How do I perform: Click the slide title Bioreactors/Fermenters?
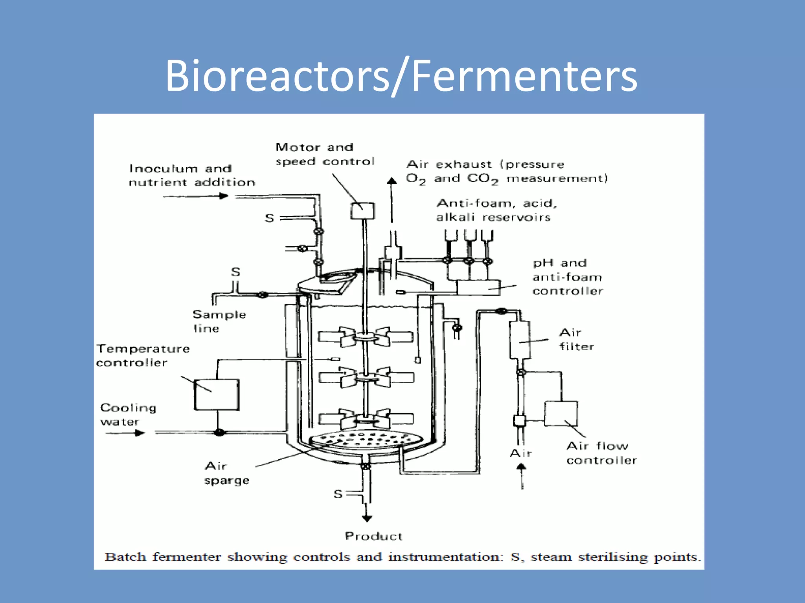coord(401,75)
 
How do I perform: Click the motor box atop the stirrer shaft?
coord(362,211)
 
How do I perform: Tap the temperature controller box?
coord(217,395)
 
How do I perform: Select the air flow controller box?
coord(561,413)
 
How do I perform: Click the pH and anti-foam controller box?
coord(478,288)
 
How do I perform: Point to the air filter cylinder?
coord(519,340)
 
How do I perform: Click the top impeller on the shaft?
coord(366,337)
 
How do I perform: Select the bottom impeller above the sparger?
coord(366,419)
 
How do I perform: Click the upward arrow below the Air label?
coord(522,475)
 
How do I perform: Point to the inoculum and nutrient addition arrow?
coord(196,196)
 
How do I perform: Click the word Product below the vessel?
coord(373,536)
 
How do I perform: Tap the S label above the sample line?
coord(235,272)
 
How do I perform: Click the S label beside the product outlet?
coord(338,494)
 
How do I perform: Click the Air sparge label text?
coord(226,473)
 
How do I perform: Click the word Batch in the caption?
coord(125,557)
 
